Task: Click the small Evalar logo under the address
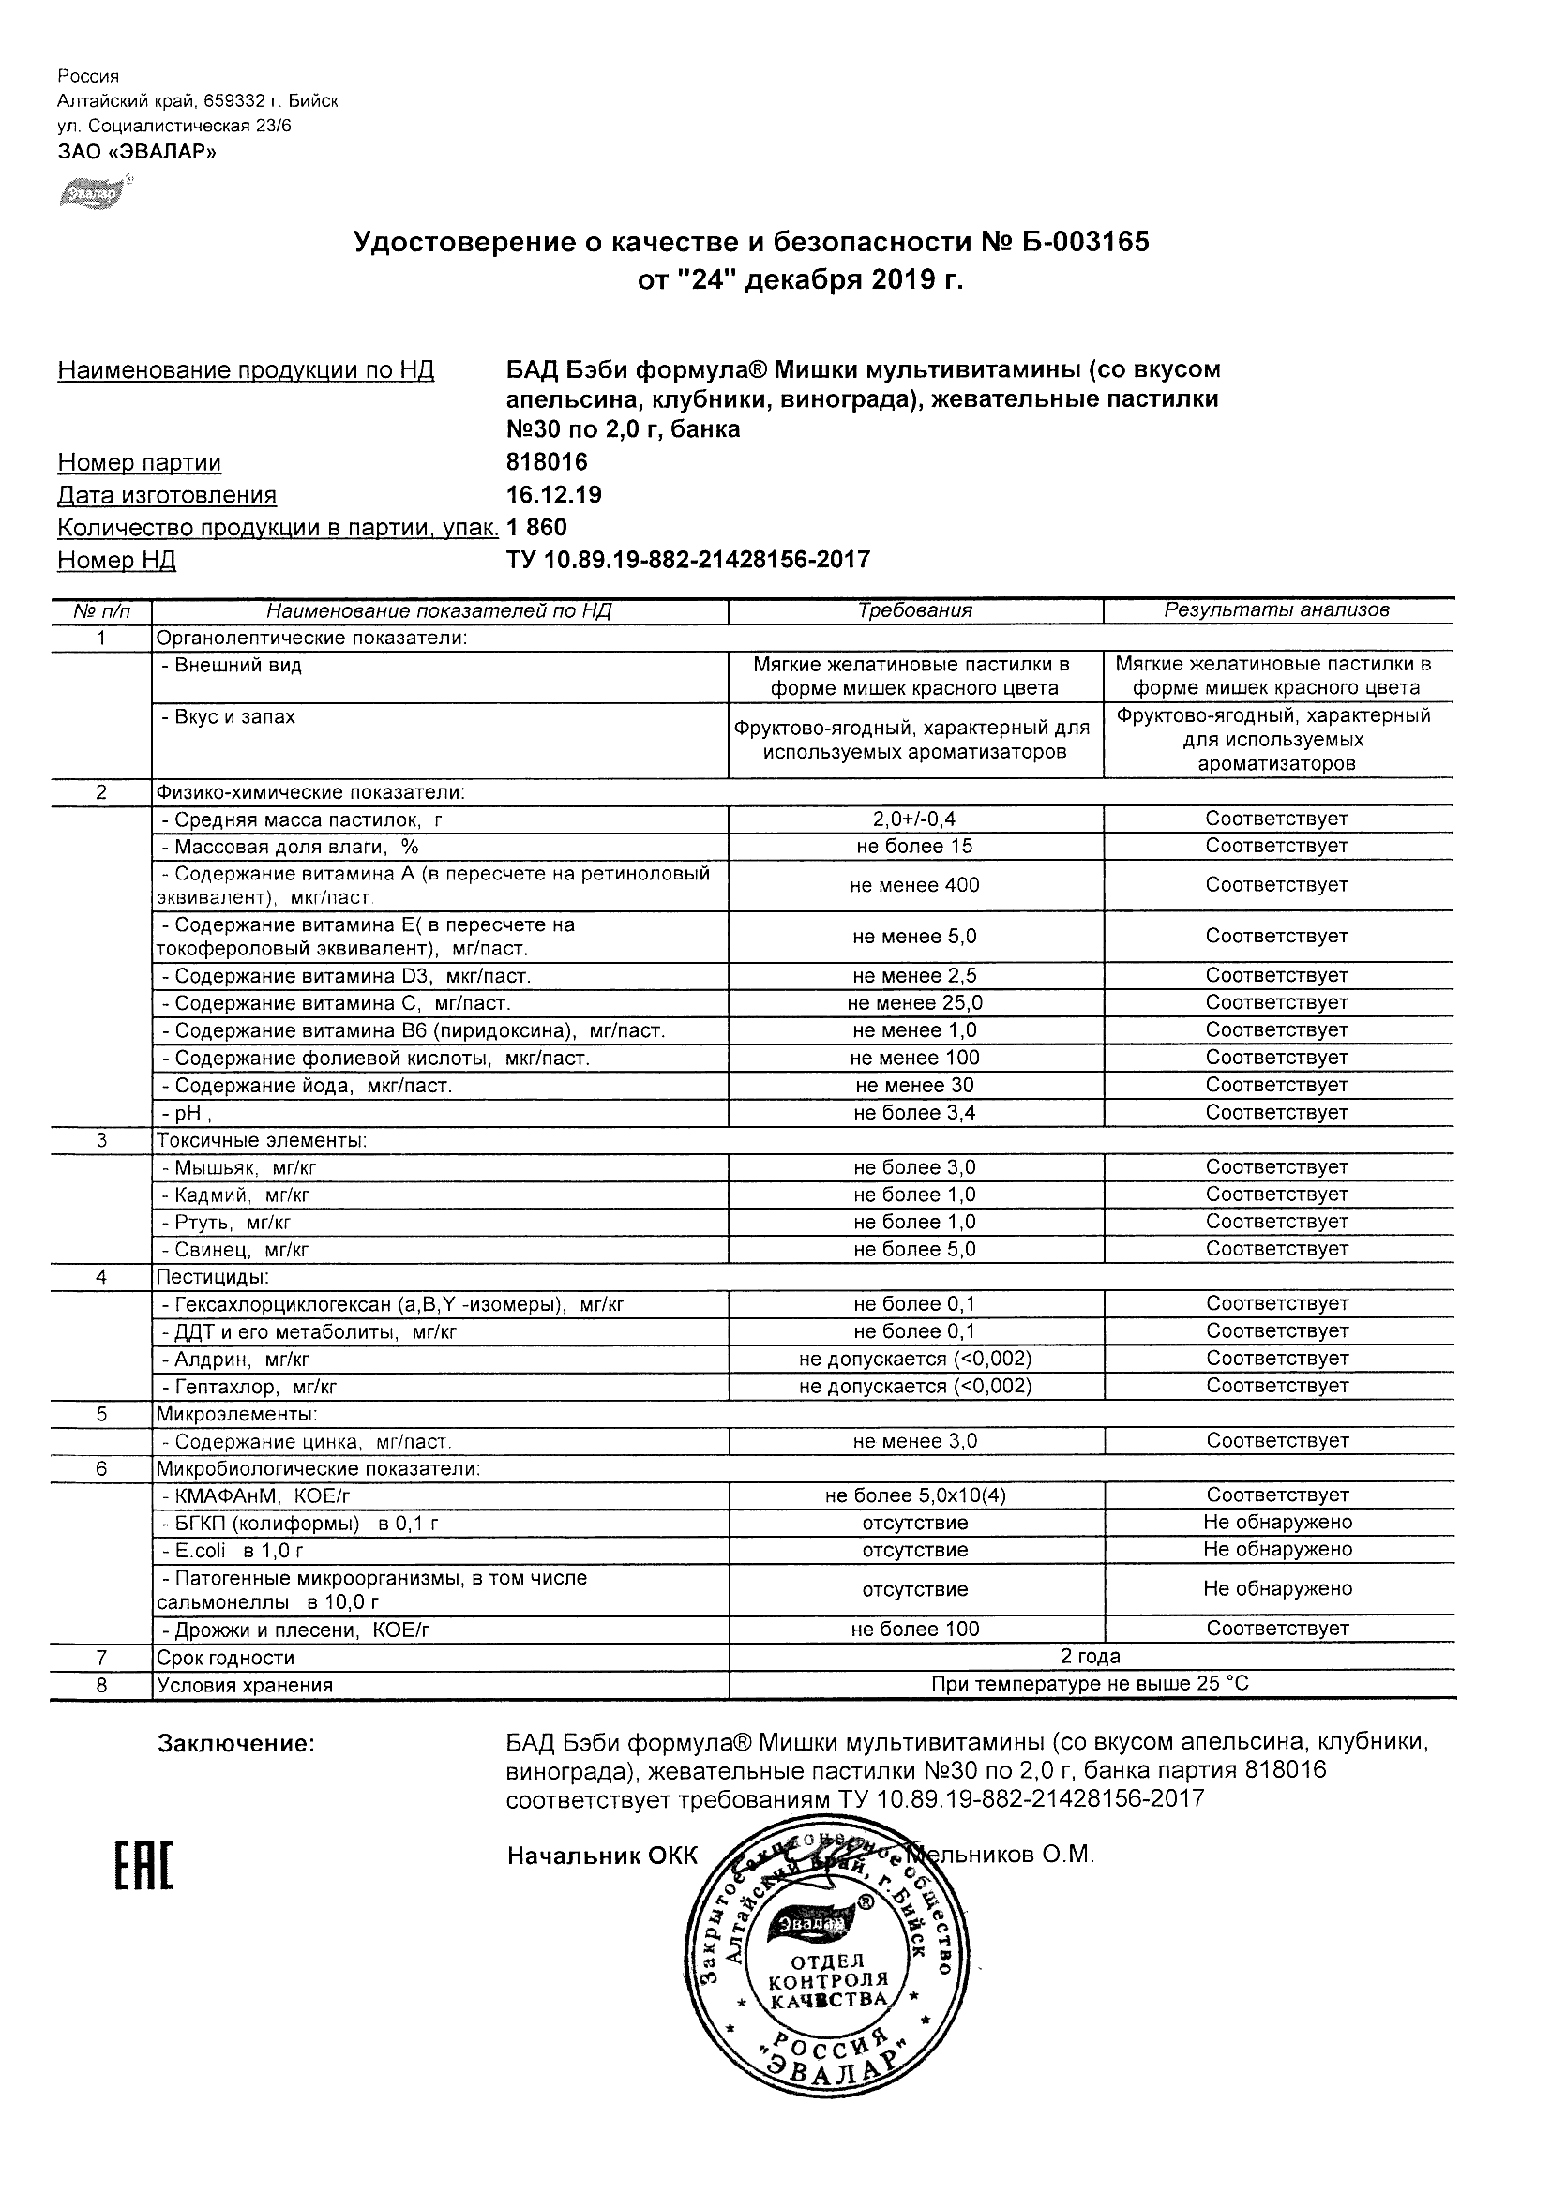tap(94, 193)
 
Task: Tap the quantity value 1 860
tap(537, 528)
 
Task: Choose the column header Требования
tap(914, 610)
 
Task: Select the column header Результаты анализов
tap(1277, 610)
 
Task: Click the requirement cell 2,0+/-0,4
tap(914, 819)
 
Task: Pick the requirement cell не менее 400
tap(914, 886)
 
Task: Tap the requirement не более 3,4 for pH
tap(914, 1113)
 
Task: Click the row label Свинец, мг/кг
tap(235, 1250)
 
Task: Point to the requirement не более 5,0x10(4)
tap(914, 1495)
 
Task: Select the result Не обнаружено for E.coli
tap(1277, 1550)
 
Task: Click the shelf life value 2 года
tap(1091, 1657)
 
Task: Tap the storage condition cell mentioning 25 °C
tap(1091, 1685)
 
